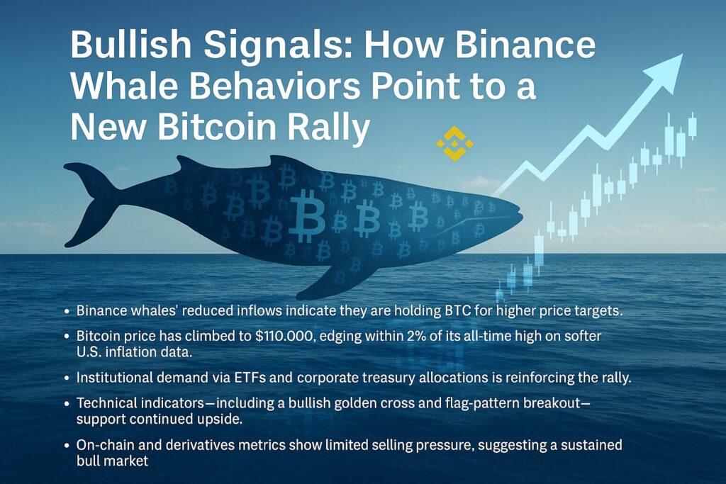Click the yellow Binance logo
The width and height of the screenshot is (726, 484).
click(454, 143)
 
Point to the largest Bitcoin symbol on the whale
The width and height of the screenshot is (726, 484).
click(307, 216)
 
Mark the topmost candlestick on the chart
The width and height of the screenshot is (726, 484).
click(692, 125)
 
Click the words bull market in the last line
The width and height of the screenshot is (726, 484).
click(113, 461)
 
